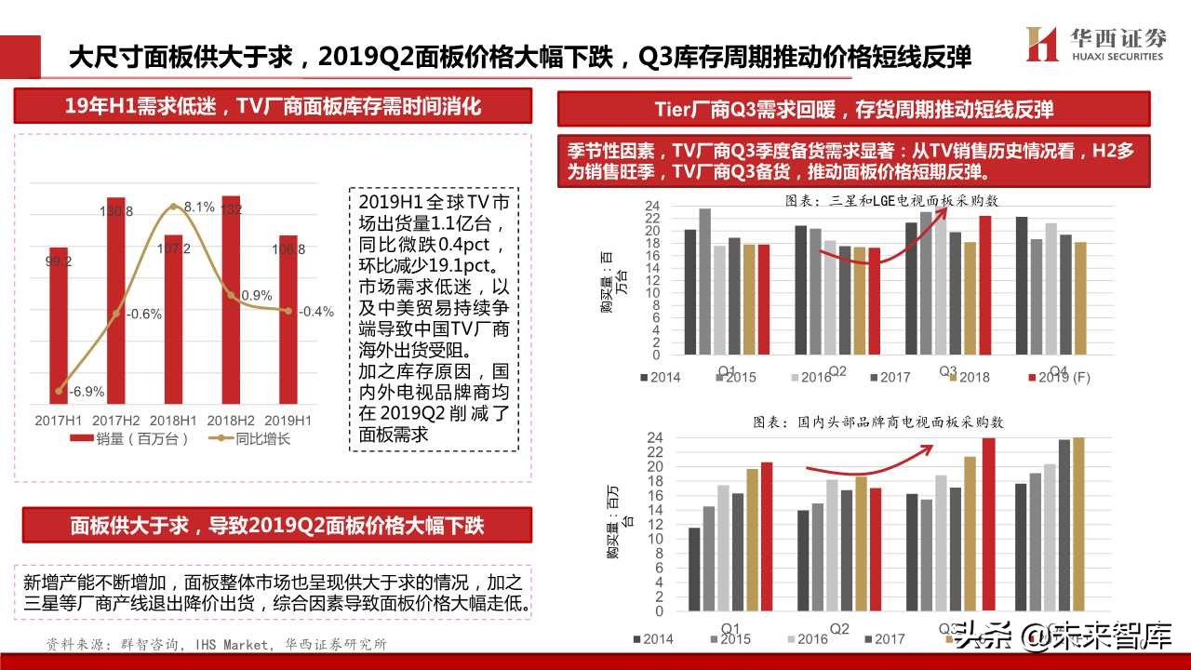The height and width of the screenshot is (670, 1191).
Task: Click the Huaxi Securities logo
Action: (x=1094, y=44)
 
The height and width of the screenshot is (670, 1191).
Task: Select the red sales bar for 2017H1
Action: (x=58, y=326)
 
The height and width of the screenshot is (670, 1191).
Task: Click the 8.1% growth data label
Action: (x=198, y=207)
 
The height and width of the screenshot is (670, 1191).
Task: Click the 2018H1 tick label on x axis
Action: (x=173, y=420)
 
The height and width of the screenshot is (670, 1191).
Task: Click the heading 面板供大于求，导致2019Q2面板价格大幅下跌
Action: (x=276, y=525)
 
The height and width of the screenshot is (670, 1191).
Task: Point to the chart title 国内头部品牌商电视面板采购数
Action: (x=878, y=422)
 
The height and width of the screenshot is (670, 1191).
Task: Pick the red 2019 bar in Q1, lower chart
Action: (x=767, y=538)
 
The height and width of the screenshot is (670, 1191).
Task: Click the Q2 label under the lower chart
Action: (x=838, y=628)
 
